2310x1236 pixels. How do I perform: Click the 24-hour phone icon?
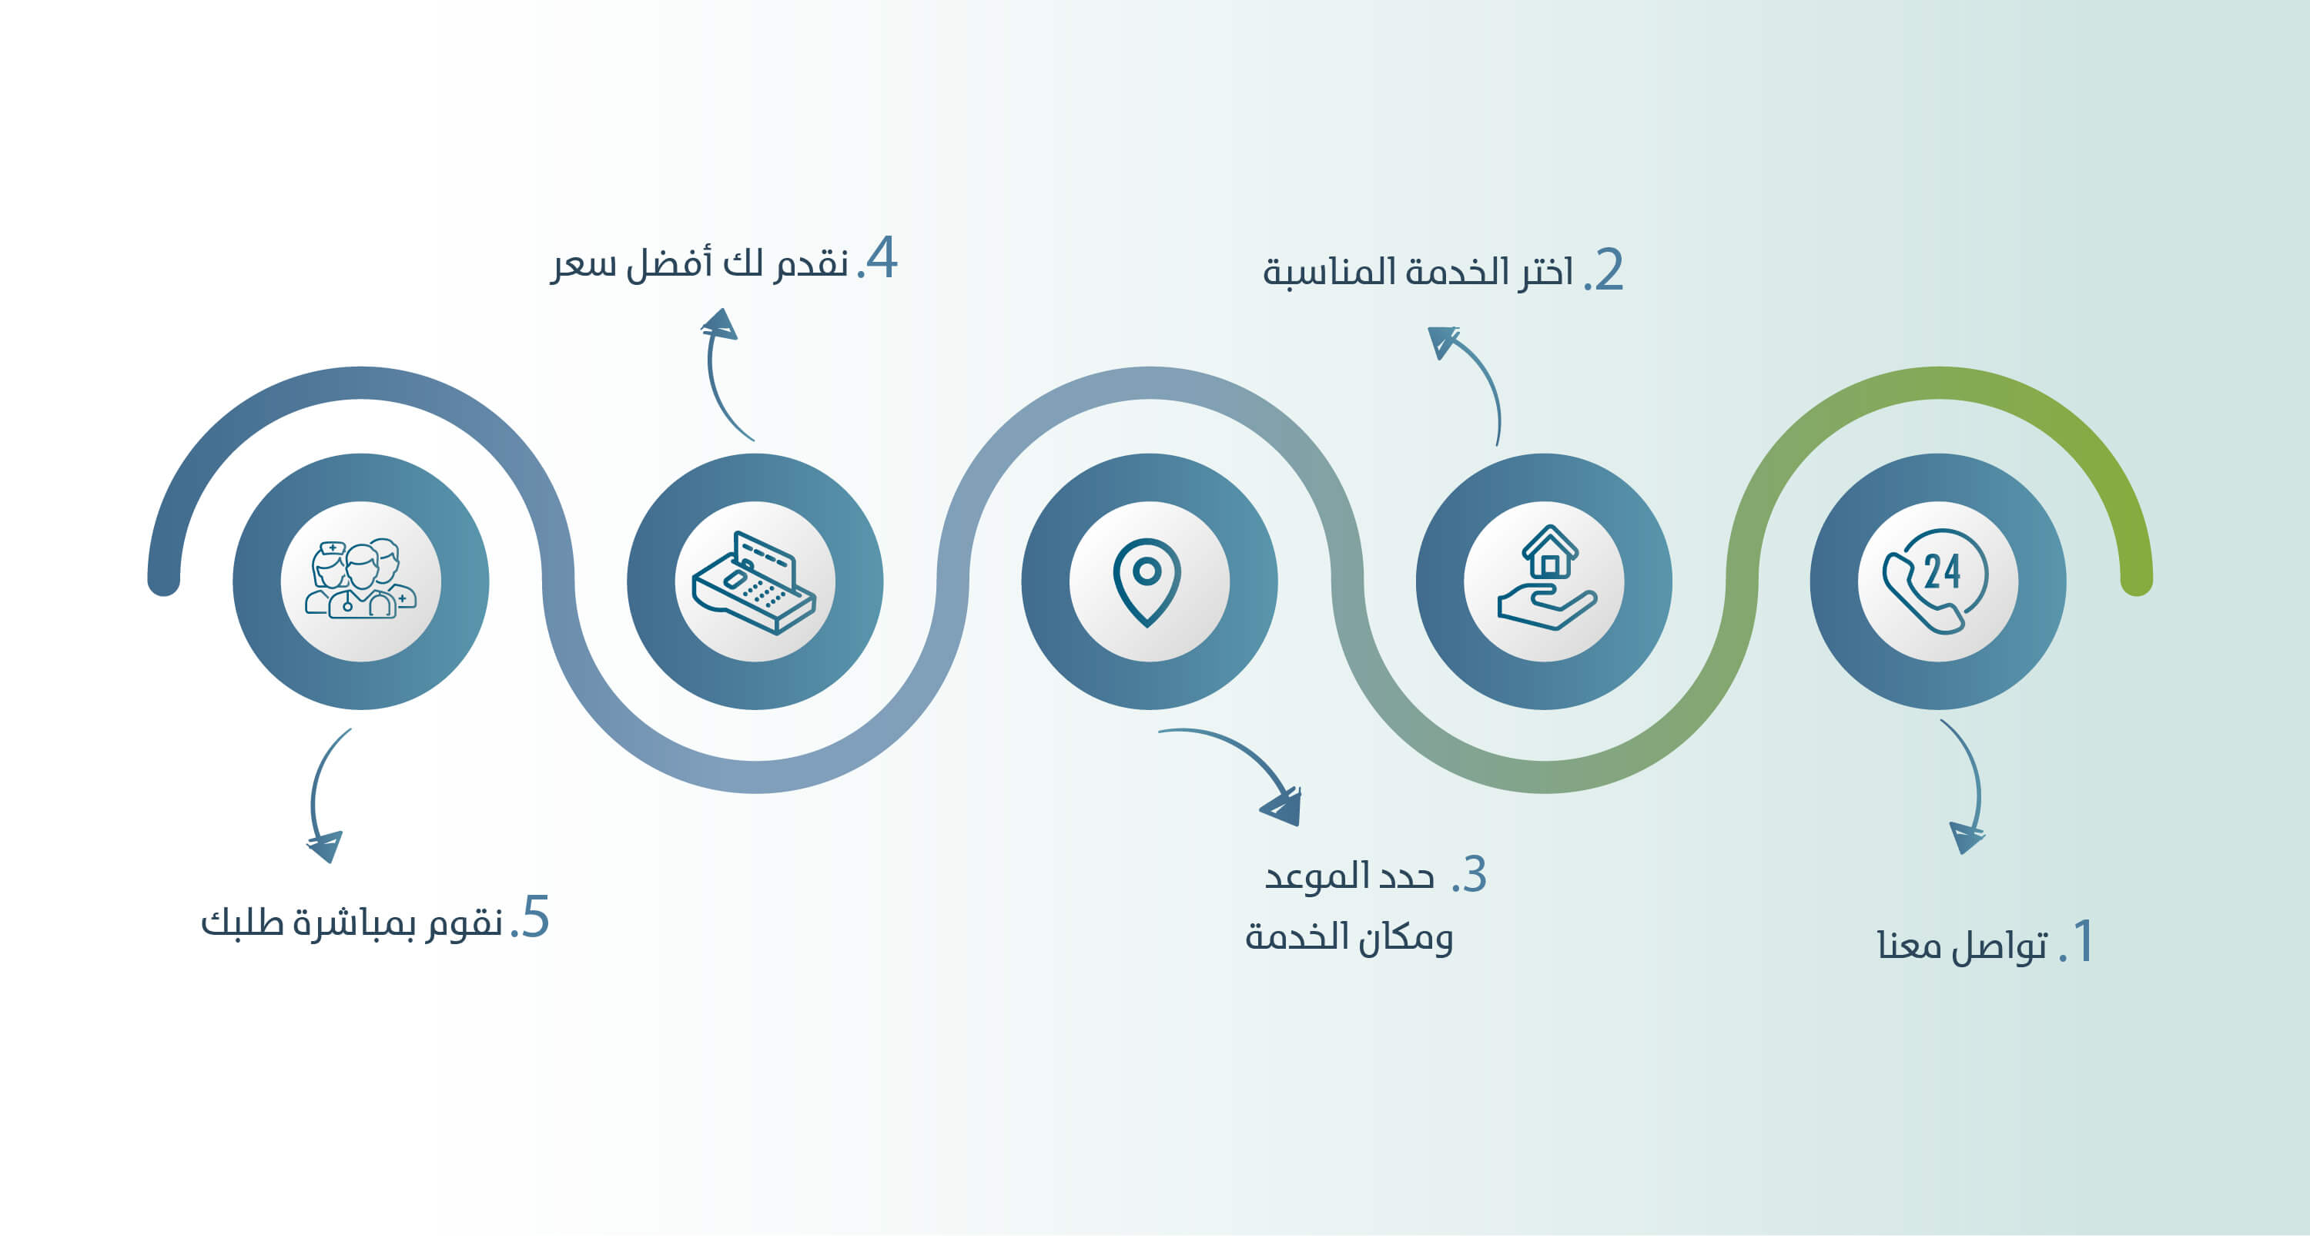[x=1935, y=581]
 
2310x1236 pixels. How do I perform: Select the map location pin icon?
[x=1147, y=582]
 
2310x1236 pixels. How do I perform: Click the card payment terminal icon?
[x=753, y=582]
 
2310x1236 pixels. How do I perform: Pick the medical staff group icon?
[x=360, y=578]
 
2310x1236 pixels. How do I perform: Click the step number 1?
[x=2083, y=942]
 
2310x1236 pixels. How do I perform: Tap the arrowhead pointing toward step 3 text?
[x=1282, y=807]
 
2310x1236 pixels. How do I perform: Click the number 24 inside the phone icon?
[x=1943, y=571]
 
